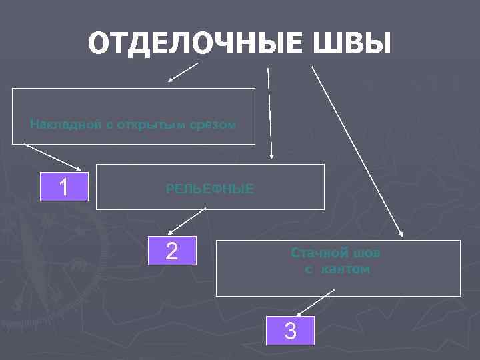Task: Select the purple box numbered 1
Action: [x=64, y=187]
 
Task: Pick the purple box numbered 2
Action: [x=171, y=251]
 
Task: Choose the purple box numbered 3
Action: [x=290, y=330]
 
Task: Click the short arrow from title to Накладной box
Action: [x=183, y=71]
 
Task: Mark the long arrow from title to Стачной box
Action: [x=357, y=150]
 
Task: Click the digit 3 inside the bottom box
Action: [x=290, y=330]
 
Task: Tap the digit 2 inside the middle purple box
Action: [x=171, y=251]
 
